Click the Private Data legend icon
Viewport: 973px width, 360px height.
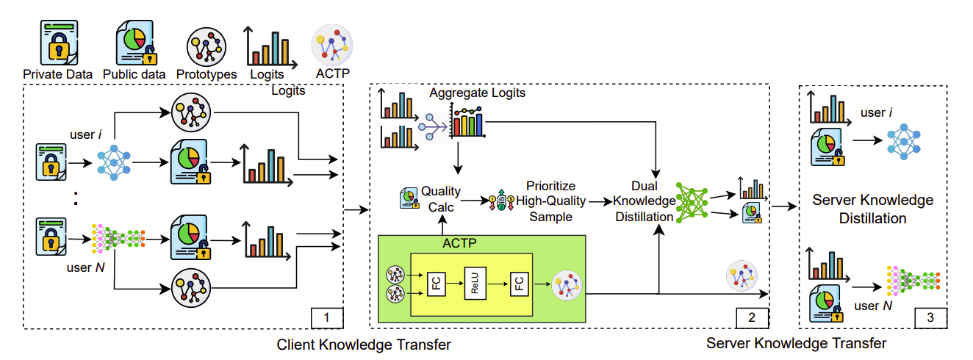pyautogui.click(x=59, y=43)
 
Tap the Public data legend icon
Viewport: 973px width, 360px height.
pyautogui.click(x=136, y=43)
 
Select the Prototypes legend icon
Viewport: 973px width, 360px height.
pyautogui.click(x=207, y=47)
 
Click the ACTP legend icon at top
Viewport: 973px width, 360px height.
pyautogui.click(x=332, y=45)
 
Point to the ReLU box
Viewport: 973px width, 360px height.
pyautogui.click(x=475, y=283)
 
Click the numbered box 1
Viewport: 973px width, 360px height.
pyautogui.click(x=327, y=318)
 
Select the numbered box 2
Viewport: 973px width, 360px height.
pyautogui.click(x=752, y=318)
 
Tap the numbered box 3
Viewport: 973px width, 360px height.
pyautogui.click(x=930, y=318)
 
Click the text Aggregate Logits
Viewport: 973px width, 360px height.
pyautogui.click(x=478, y=93)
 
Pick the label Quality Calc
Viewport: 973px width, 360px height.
pyautogui.click(x=441, y=199)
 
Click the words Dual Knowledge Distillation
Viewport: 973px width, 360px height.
pyautogui.click(x=645, y=201)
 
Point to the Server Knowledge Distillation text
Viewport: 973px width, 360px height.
pyautogui.click(x=872, y=209)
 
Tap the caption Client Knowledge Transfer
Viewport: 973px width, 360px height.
pyautogui.click(x=364, y=345)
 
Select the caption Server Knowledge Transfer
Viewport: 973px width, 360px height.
pyautogui.click(x=796, y=343)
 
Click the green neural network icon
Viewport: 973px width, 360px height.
pyautogui.click(x=692, y=202)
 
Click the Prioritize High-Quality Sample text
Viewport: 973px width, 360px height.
pyautogui.click(x=550, y=201)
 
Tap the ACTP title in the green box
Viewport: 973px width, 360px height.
pyautogui.click(x=459, y=243)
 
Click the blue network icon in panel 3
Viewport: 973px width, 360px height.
pyautogui.click(x=903, y=142)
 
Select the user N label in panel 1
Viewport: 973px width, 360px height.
pyautogui.click(x=85, y=267)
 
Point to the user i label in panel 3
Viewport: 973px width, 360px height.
pyautogui.click(x=877, y=112)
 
